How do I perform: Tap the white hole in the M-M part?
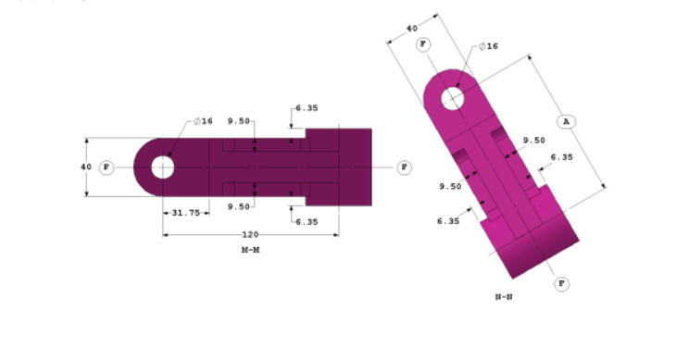pyautogui.click(x=163, y=167)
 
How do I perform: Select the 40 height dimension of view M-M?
pyautogui.click(x=85, y=167)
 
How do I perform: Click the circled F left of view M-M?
pyautogui.click(x=106, y=167)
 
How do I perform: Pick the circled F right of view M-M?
pyautogui.click(x=404, y=167)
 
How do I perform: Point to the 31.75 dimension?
pyautogui.click(x=184, y=212)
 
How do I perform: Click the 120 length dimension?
pyautogui.click(x=250, y=234)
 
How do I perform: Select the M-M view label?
pyautogui.click(x=250, y=250)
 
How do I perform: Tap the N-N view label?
pyautogui.click(x=504, y=296)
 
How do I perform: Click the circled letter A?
pyautogui.click(x=567, y=121)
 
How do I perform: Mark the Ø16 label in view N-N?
pyautogui.click(x=488, y=46)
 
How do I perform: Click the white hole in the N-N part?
pyautogui.click(x=452, y=97)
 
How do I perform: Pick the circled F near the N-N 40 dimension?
pyautogui.click(x=423, y=44)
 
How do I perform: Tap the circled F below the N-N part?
pyautogui.click(x=561, y=283)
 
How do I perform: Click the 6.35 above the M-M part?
pyautogui.click(x=307, y=108)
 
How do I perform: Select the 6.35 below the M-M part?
pyautogui.click(x=307, y=221)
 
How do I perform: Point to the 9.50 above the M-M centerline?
pyautogui.click(x=239, y=121)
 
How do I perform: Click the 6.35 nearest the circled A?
pyautogui.click(x=561, y=157)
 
